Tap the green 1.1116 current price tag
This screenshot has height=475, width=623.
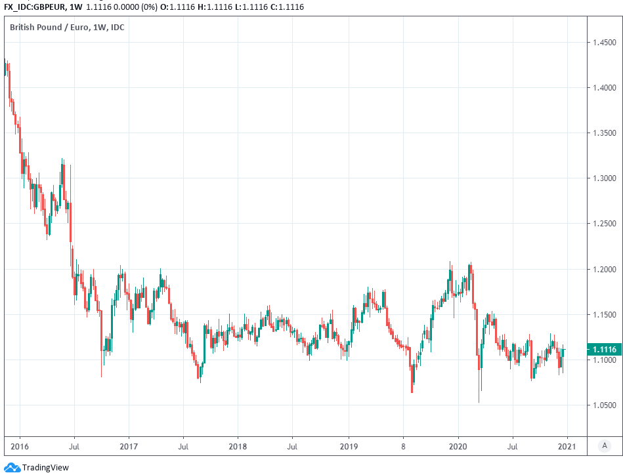click(x=603, y=350)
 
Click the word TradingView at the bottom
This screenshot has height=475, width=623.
click(x=45, y=468)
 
